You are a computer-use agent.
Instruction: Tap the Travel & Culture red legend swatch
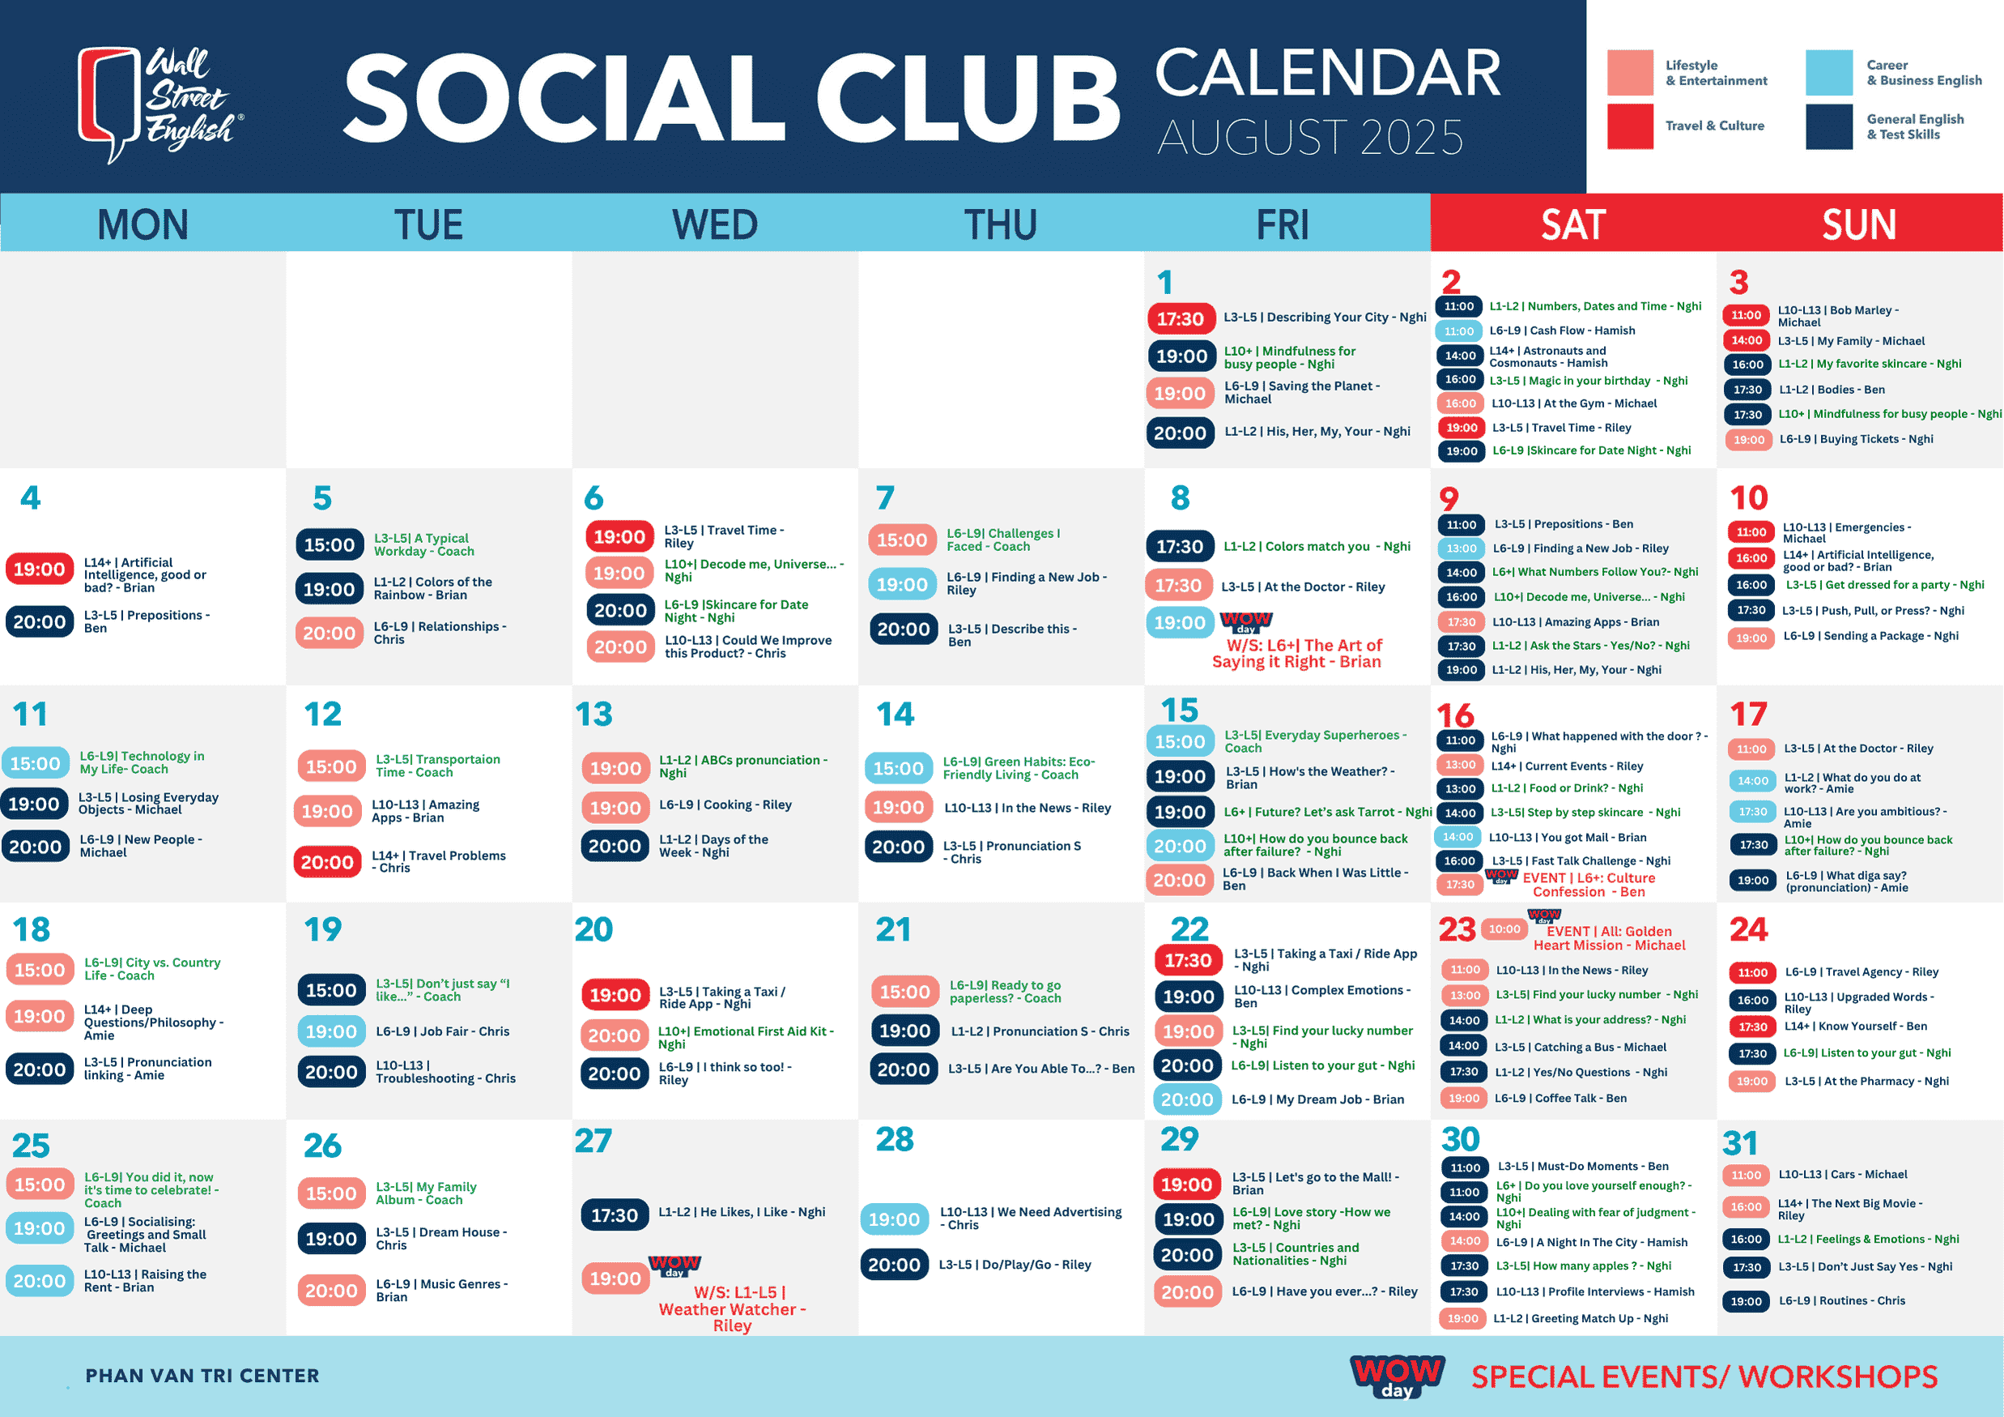click(x=1630, y=126)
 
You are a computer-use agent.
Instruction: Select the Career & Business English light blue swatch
click(x=1828, y=72)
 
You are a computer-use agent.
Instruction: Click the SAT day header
click(x=1572, y=224)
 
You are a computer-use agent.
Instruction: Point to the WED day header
click(x=715, y=224)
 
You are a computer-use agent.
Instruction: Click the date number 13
click(x=594, y=715)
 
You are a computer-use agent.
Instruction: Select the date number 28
click(x=895, y=1139)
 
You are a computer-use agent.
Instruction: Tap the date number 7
click(x=885, y=497)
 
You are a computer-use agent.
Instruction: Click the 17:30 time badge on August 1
click(x=1180, y=318)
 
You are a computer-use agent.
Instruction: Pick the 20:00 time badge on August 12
click(x=327, y=863)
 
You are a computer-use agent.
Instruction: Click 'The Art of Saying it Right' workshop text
click(x=1297, y=653)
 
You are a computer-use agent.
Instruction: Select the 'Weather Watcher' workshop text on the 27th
click(x=731, y=1308)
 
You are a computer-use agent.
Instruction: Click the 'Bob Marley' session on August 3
click(x=1838, y=316)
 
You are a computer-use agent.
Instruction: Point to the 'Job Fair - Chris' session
click(x=443, y=1031)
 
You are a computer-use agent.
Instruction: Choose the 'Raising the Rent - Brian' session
click(x=145, y=1281)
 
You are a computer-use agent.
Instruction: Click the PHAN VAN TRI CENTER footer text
click(x=202, y=1376)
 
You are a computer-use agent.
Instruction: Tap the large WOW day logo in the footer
click(x=1398, y=1376)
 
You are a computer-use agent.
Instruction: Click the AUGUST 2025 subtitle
click(x=1310, y=138)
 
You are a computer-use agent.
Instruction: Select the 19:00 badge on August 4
click(x=40, y=570)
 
